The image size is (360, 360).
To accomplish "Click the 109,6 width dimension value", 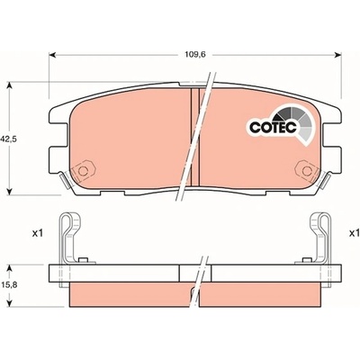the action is [195, 55].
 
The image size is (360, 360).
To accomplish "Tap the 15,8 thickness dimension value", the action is [10, 285].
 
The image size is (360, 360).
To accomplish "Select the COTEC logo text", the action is [273, 127].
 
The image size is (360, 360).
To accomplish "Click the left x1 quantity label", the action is [38, 233].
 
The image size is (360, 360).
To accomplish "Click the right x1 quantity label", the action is [355, 233].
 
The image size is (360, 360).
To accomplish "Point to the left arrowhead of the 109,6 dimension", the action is [52, 55].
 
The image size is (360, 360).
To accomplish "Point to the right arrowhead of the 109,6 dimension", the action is [337, 55].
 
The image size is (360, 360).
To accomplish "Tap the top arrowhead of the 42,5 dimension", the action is [10, 85].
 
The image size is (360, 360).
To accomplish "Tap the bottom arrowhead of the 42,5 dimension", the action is [10, 191].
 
